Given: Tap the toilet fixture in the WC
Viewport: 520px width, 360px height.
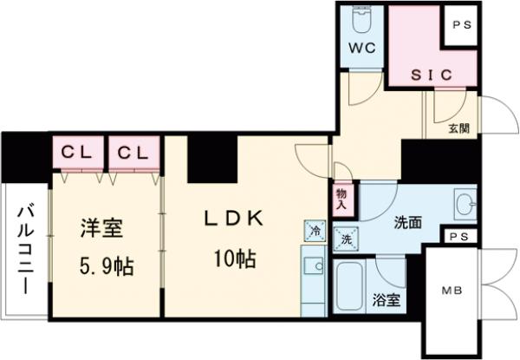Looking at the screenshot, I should (361, 19).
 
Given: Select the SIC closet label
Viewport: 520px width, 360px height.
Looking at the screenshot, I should (420, 75).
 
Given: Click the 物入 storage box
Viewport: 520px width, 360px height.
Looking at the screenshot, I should (341, 200).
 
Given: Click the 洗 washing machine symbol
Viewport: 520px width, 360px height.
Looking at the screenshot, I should (346, 239).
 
